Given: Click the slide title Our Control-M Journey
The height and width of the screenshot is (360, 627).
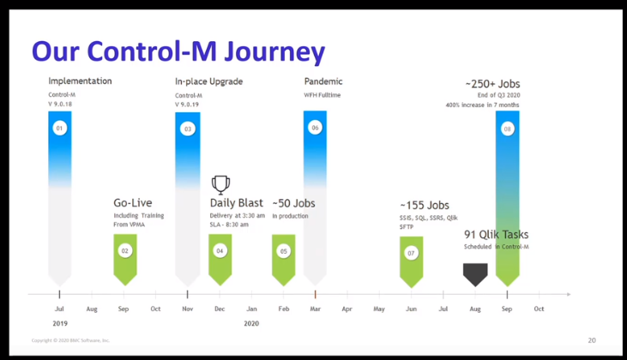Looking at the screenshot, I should coord(178,51).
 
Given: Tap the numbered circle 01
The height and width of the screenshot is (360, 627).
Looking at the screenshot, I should coord(59,129).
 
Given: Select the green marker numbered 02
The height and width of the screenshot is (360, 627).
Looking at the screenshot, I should coord(125,250).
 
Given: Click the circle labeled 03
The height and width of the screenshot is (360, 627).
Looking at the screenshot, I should coord(187,129).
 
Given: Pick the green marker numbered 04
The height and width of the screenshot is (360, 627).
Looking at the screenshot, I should coord(220,250).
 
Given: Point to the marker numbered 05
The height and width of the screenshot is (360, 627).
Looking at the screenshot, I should coord(283,250).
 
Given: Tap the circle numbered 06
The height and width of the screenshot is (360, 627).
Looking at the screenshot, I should coord(315,129).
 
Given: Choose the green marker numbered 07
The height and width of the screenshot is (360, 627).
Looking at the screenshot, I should coord(411,253).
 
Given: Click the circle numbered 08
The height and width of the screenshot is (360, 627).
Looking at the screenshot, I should coord(507,129).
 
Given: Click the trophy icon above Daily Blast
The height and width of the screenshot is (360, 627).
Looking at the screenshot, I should coord(220,183).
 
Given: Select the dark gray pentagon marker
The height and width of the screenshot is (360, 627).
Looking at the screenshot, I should coord(474,273).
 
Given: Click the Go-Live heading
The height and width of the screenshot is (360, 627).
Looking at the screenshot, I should coord(133,203).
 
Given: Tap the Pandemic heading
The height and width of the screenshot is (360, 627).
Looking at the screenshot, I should coord(323,81).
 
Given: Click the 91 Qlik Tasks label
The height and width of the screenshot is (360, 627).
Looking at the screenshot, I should coord(496,234).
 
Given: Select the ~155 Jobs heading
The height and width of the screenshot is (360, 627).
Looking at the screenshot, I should coord(424,206).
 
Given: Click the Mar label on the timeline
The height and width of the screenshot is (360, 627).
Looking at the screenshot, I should coord(315,308).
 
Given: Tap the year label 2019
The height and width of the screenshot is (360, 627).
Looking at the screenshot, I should coord(59,323).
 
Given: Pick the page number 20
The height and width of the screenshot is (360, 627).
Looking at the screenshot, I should coord(592,340).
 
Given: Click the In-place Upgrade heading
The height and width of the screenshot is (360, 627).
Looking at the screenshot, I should coord(208,81).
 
